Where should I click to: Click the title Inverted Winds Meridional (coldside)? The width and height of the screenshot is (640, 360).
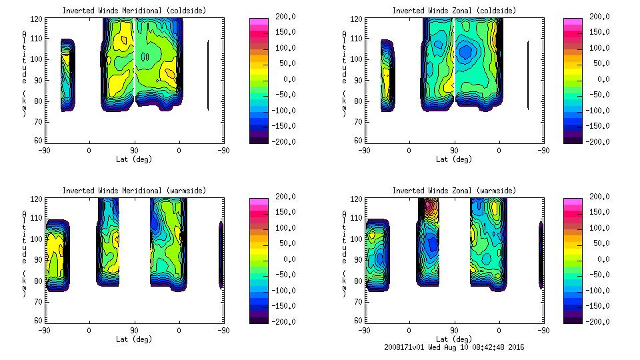click(134, 11)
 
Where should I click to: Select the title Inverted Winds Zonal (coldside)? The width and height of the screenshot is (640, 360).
click(454, 11)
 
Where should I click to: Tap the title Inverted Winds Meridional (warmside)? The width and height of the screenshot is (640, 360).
click(134, 191)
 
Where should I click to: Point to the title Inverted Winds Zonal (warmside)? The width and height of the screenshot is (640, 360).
click(454, 191)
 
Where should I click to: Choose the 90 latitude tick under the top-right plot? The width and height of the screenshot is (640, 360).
click(454, 150)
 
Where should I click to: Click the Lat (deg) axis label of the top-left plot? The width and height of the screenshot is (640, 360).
click(134, 159)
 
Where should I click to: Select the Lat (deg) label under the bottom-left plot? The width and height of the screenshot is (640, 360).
click(134, 339)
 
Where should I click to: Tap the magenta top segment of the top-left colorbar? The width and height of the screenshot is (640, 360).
click(259, 21)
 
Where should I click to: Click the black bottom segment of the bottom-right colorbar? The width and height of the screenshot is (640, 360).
click(572, 319)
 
